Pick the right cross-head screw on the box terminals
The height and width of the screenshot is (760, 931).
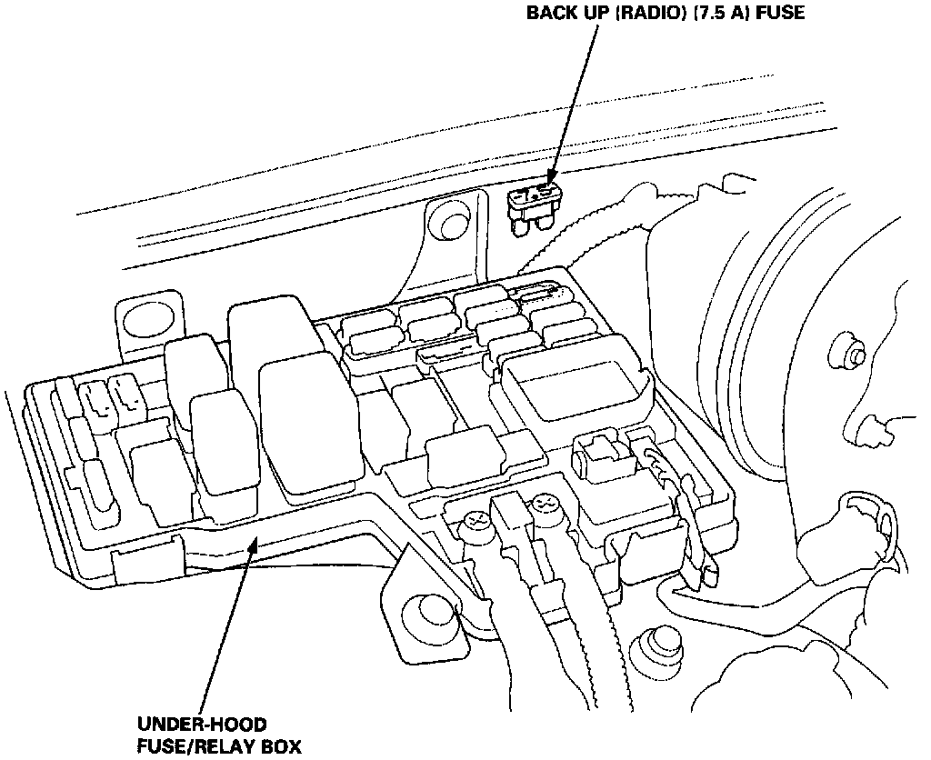tap(546, 502)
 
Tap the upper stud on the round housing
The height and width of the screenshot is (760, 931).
tap(851, 355)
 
